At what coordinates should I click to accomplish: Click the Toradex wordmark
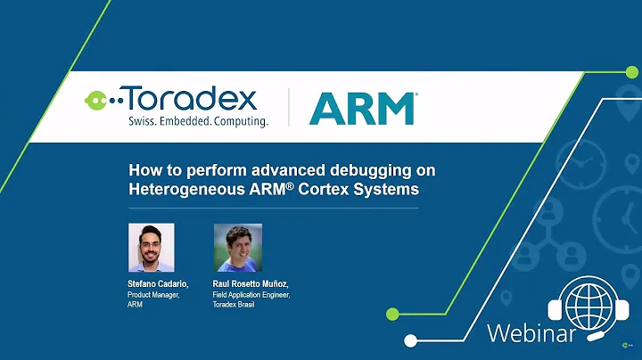tap(187, 99)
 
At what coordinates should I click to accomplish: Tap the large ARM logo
tap(362, 108)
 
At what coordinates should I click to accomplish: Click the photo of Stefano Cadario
tap(151, 247)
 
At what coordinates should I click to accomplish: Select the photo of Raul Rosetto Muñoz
tap(238, 247)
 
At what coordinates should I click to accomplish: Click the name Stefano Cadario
tap(158, 284)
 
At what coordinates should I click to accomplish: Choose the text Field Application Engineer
tap(252, 295)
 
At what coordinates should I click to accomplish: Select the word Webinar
tap(531, 334)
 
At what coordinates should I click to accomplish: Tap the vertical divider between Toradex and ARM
tap(287, 109)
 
